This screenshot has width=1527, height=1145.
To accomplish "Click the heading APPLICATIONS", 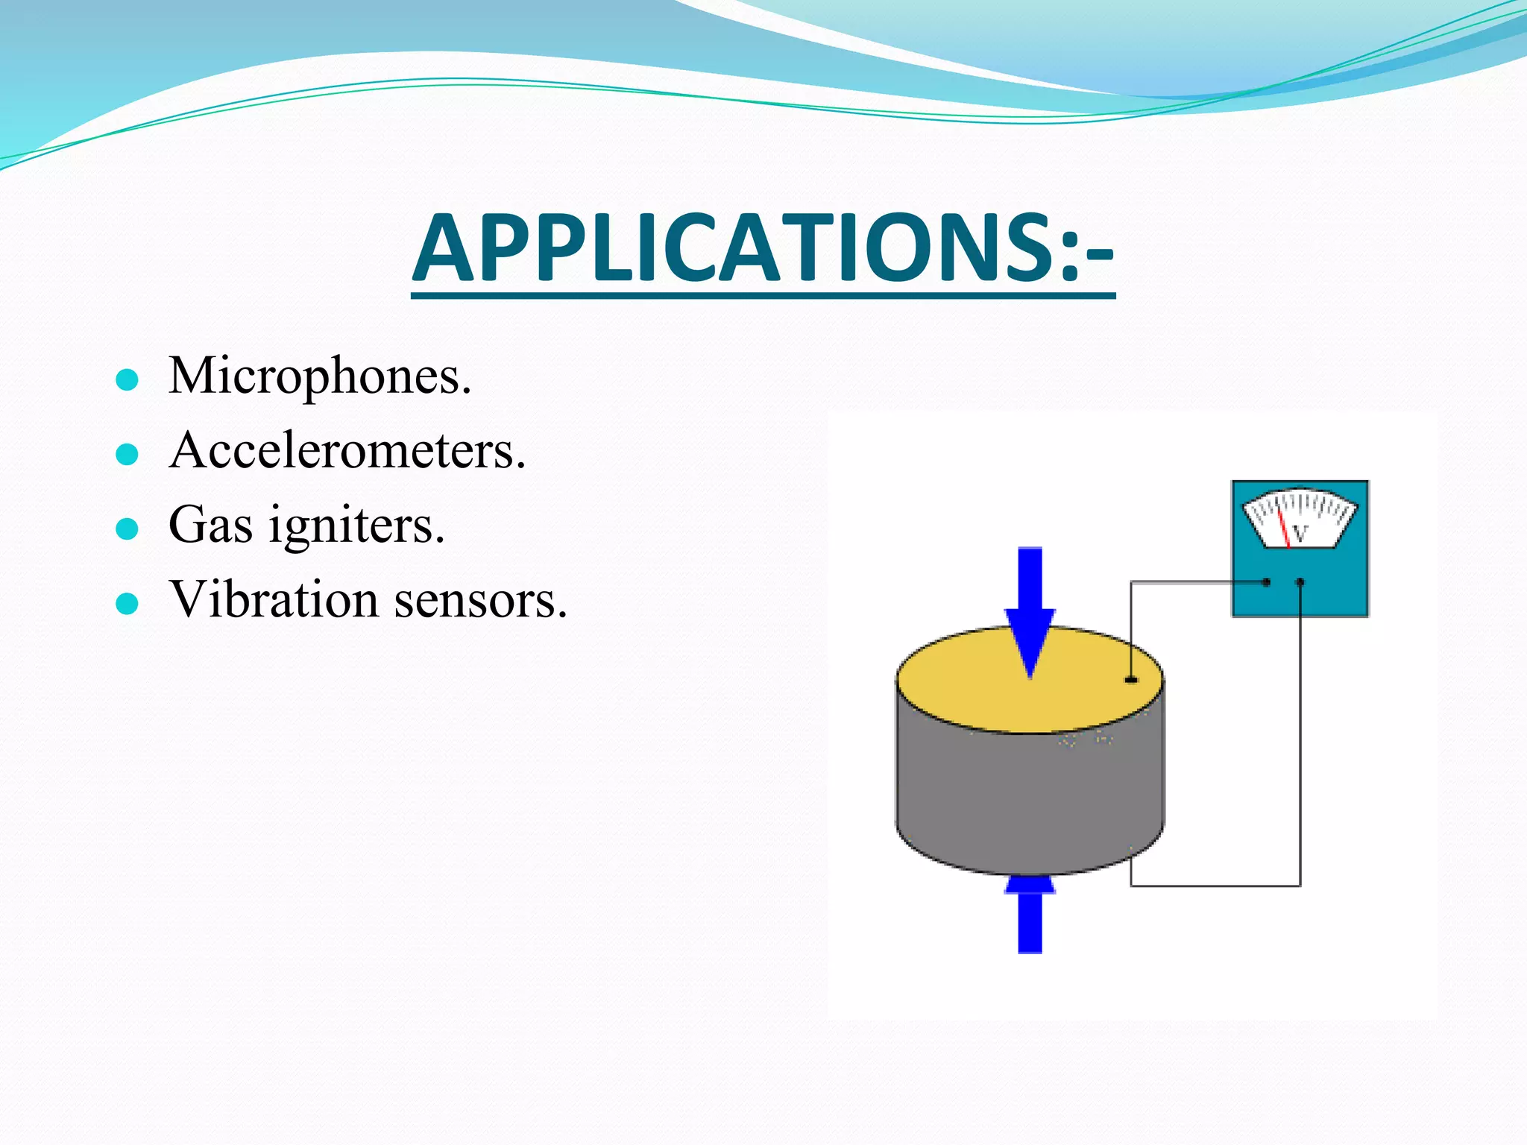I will click(762, 248).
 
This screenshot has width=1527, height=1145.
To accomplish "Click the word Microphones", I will click(320, 376).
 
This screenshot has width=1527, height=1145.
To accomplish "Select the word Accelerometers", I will click(347, 451).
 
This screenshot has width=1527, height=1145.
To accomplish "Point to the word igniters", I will click(356, 526).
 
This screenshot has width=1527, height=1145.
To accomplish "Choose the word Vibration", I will click(274, 599).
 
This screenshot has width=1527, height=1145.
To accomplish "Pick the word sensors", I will click(480, 599).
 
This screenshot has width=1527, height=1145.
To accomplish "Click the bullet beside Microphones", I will click(127, 380).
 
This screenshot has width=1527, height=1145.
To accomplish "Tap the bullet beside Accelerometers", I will click(127, 454).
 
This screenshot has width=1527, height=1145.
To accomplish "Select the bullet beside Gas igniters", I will click(127, 529).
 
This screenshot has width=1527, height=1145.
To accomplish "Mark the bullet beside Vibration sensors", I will click(127, 603).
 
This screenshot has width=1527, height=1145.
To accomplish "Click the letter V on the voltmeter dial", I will click(1300, 534).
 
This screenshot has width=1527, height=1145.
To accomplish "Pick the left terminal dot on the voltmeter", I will click(1266, 582).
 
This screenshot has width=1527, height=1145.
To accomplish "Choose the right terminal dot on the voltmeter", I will click(1300, 582).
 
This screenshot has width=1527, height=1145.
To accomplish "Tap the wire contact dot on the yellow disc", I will click(1131, 679).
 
